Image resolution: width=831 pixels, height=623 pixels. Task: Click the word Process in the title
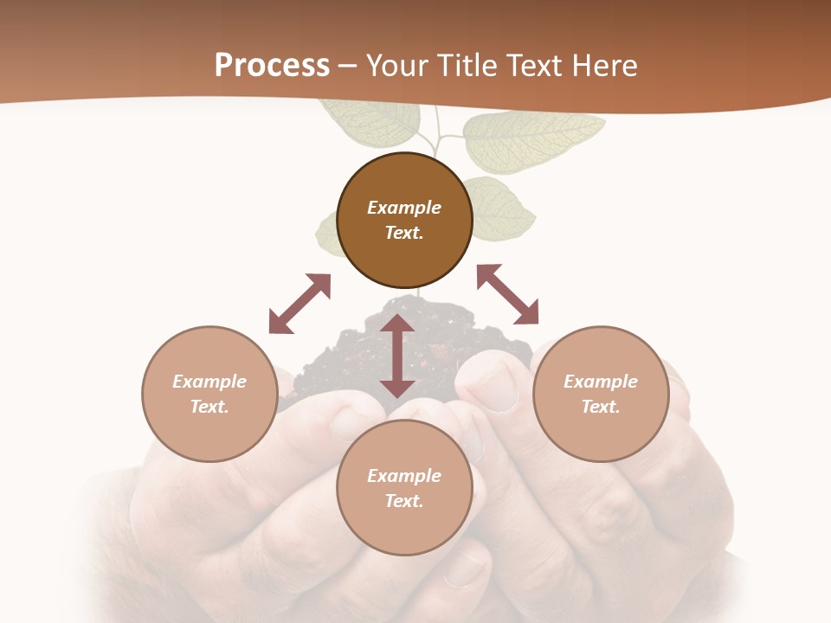click(x=272, y=65)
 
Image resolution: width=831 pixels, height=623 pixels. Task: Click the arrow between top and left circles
click(x=300, y=304)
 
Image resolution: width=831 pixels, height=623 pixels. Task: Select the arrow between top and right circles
click(x=507, y=294)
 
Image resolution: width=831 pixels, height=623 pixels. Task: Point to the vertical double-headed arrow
click(x=397, y=356)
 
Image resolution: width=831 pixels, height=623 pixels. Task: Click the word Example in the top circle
click(x=404, y=208)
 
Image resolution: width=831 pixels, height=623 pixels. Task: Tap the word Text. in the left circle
click(x=209, y=407)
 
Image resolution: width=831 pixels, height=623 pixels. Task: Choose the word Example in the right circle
click(x=601, y=382)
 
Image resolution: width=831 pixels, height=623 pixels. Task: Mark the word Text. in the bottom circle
click(x=404, y=501)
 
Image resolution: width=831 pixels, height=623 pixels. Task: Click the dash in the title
click(x=347, y=66)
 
